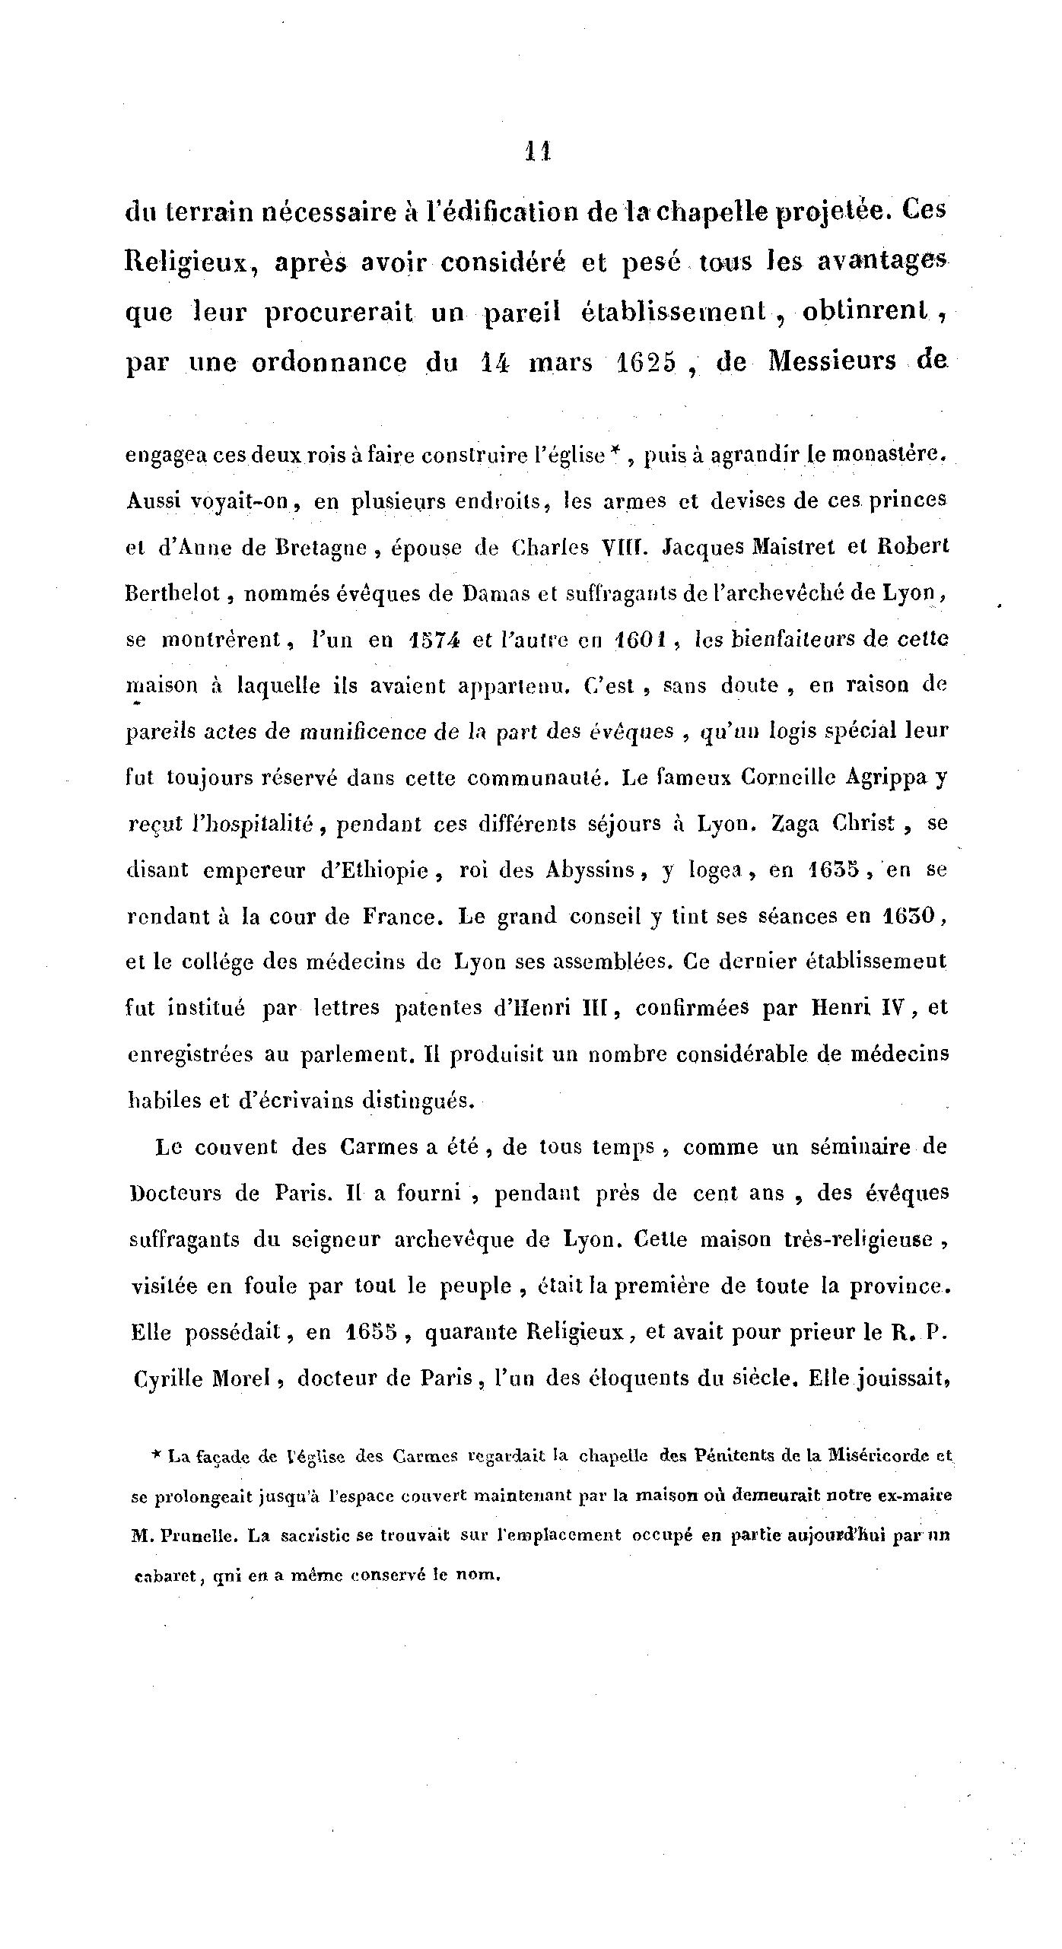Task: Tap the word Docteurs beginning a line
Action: (x=175, y=1192)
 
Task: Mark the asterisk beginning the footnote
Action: (x=155, y=1454)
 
